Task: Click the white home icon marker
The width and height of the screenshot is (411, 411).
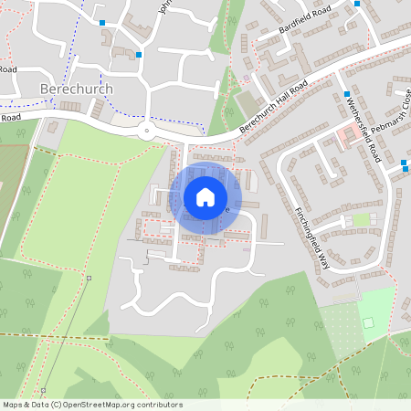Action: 205,196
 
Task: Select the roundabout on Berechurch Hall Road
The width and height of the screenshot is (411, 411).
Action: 145,130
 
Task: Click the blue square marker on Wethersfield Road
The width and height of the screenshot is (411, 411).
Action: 348,94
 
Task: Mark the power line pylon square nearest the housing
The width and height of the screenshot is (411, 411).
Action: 90,277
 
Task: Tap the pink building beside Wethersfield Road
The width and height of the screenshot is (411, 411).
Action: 346,138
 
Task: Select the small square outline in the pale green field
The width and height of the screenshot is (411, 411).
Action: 368,322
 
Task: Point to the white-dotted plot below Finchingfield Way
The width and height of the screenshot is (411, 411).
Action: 340,326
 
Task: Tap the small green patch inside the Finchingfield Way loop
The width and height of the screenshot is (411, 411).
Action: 362,219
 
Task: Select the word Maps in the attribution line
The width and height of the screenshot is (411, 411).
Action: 14,405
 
